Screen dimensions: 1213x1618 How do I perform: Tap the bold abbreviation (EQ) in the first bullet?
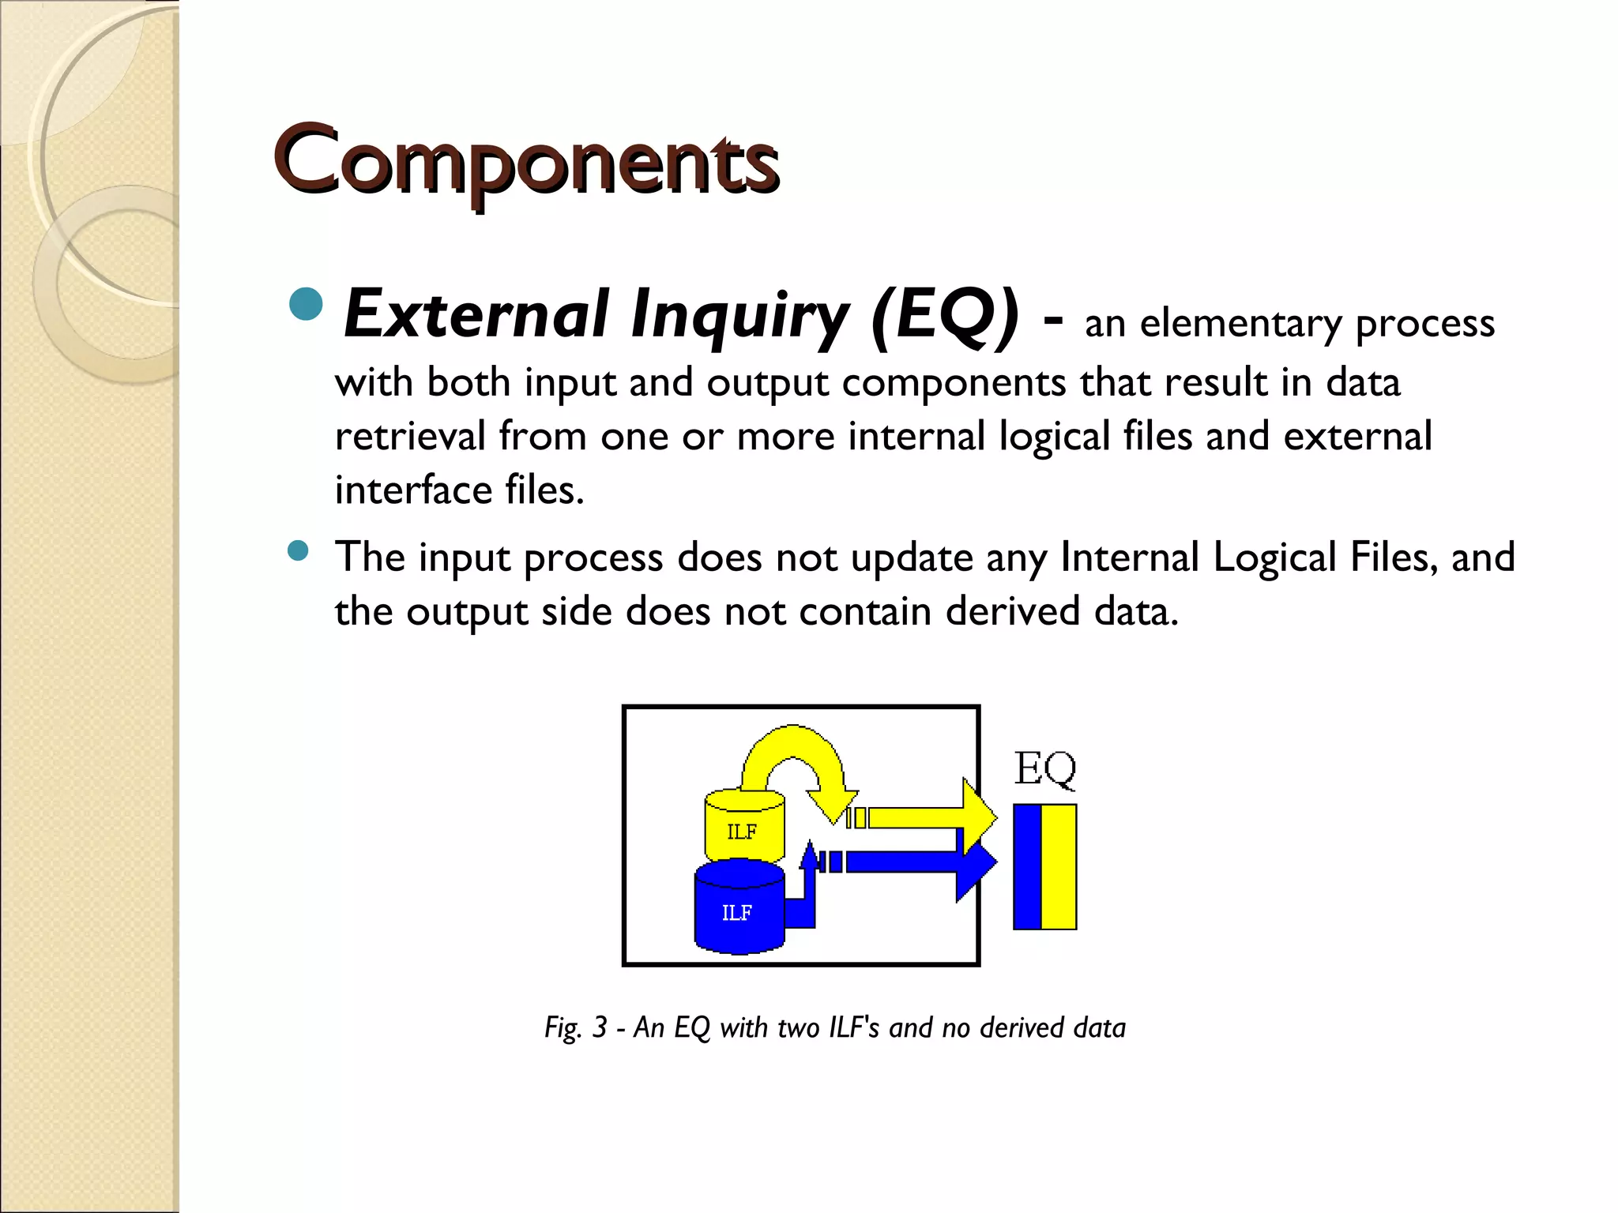[944, 316]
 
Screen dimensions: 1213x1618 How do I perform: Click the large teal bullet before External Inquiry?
[306, 303]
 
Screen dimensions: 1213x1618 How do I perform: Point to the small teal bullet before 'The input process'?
[298, 550]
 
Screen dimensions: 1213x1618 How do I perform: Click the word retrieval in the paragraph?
[410, 436]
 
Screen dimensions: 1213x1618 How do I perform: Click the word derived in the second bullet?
[1012, 612]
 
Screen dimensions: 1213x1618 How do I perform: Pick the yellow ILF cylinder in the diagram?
[743, 826]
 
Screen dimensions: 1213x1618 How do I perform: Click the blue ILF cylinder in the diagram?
[739, 908]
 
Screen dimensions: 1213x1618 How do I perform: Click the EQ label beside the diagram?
[1044, 768]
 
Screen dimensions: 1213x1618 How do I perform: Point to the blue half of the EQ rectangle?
[1027, 866]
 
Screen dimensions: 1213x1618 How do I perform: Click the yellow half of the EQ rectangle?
[1059, 866]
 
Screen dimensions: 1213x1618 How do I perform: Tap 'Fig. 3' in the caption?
[575, 1028]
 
